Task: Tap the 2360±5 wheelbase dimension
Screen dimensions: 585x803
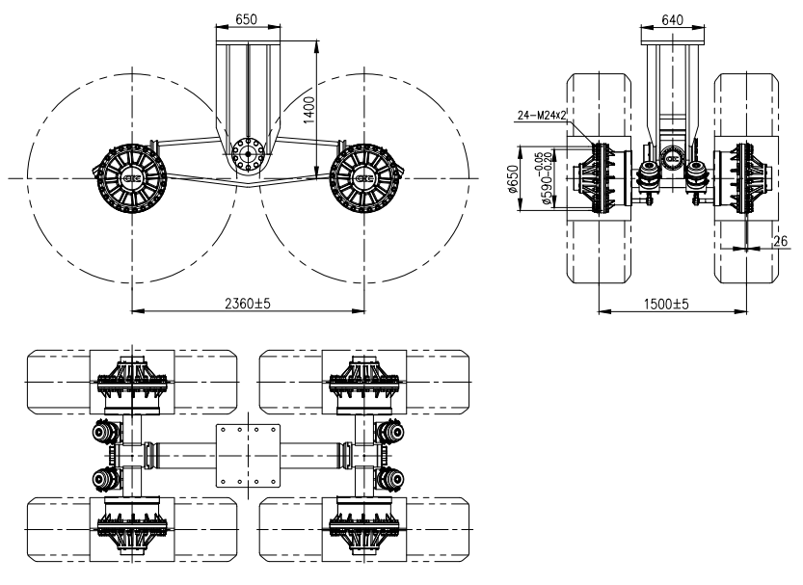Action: click(249, 303)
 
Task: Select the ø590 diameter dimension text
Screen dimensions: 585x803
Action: click(534, 178)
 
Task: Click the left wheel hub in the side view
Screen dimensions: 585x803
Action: click(131, 178)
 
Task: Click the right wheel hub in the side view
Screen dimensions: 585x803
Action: click(364, 178)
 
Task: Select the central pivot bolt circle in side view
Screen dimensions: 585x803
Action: click(248, 152)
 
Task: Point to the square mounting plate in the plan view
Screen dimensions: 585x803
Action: click(248, 453)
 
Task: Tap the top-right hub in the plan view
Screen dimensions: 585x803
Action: click(364, 379)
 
